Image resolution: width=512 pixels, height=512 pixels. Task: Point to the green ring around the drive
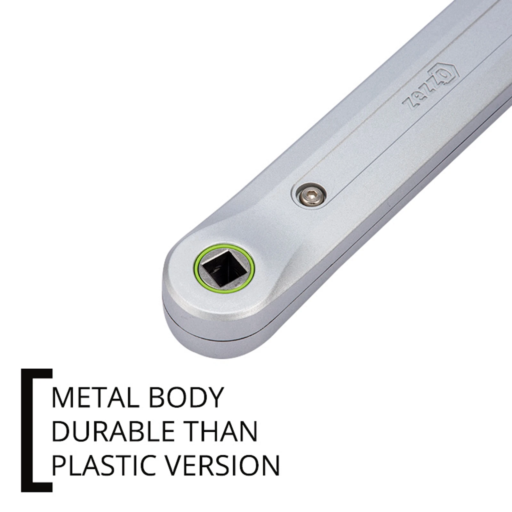tap(224, 245)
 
